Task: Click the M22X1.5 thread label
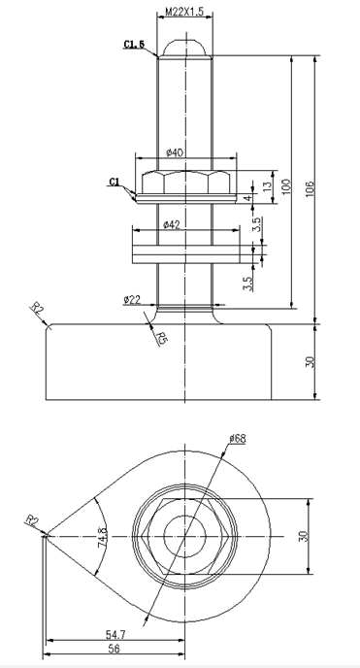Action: pos(184,12)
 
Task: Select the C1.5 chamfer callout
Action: pos(134,44)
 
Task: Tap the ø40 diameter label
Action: pos(175,152)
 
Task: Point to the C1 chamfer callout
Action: pos(115,182)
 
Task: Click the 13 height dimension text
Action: pos(267,186)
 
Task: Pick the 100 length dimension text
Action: pos(286,186)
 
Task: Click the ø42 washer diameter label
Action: pos(172,224)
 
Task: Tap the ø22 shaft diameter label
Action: pos(132,299)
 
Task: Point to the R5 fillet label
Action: pos(163,338)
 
